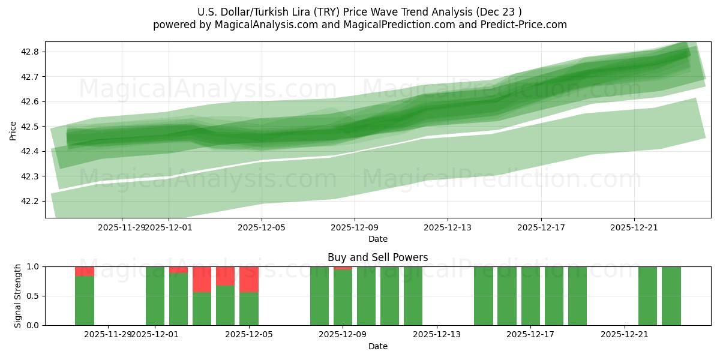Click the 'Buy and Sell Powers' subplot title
point(377,257)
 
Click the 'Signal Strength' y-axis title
point(18,296)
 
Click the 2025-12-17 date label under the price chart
point(541,227)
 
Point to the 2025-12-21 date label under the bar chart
point(625,335)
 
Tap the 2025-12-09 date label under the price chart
point(355,227)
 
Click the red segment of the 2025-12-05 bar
point(249,279)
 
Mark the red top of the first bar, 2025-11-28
point(85,271)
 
